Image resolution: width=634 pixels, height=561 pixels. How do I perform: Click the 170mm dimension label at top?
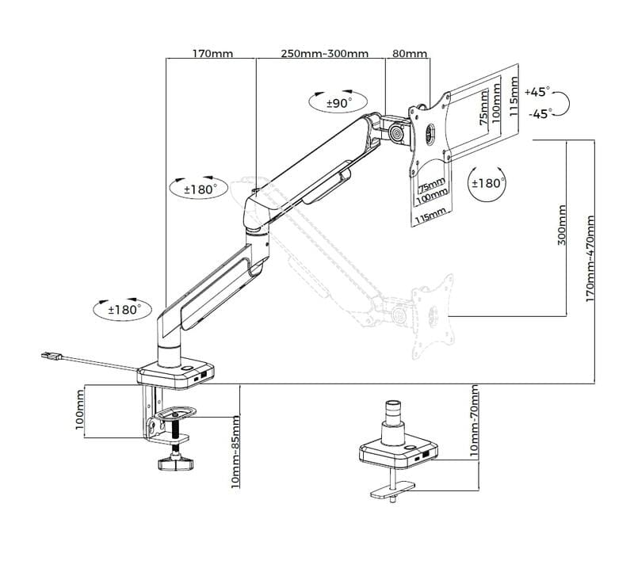click(x=212, y=54)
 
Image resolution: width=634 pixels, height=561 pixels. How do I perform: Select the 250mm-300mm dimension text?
click(x=325, y=54)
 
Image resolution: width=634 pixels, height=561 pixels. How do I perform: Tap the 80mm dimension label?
click(x=410, y=54)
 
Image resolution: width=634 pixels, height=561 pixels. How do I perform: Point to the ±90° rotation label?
click(x=339, y=104)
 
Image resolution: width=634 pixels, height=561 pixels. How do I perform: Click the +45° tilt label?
click(x=537, y=92)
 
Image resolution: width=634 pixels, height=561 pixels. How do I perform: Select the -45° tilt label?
click(x=540, y=114)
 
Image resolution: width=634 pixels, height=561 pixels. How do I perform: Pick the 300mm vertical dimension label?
click(x=562, y=225)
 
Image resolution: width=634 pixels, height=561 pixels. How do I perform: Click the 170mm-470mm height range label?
click(x=590, y=258)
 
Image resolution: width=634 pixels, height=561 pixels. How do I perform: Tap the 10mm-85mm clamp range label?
click(x=235, y=452)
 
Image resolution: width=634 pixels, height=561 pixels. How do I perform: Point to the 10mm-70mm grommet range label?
click(x=474, y=421)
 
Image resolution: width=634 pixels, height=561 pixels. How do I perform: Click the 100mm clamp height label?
click(x=80, y=410)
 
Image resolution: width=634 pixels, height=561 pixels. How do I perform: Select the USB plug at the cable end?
click(x=52, y=356)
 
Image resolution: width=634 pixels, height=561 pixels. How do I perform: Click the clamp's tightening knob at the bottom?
click(x=175, y=464)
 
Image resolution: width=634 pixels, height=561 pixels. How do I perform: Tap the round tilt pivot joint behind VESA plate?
click(x=397, y=133)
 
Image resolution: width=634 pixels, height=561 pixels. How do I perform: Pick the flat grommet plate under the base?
click(x=392, y=490)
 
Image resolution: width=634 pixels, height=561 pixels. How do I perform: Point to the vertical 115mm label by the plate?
click(x=514, y=97)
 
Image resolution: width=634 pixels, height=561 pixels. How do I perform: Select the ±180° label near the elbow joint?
click(x=201, y=189)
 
